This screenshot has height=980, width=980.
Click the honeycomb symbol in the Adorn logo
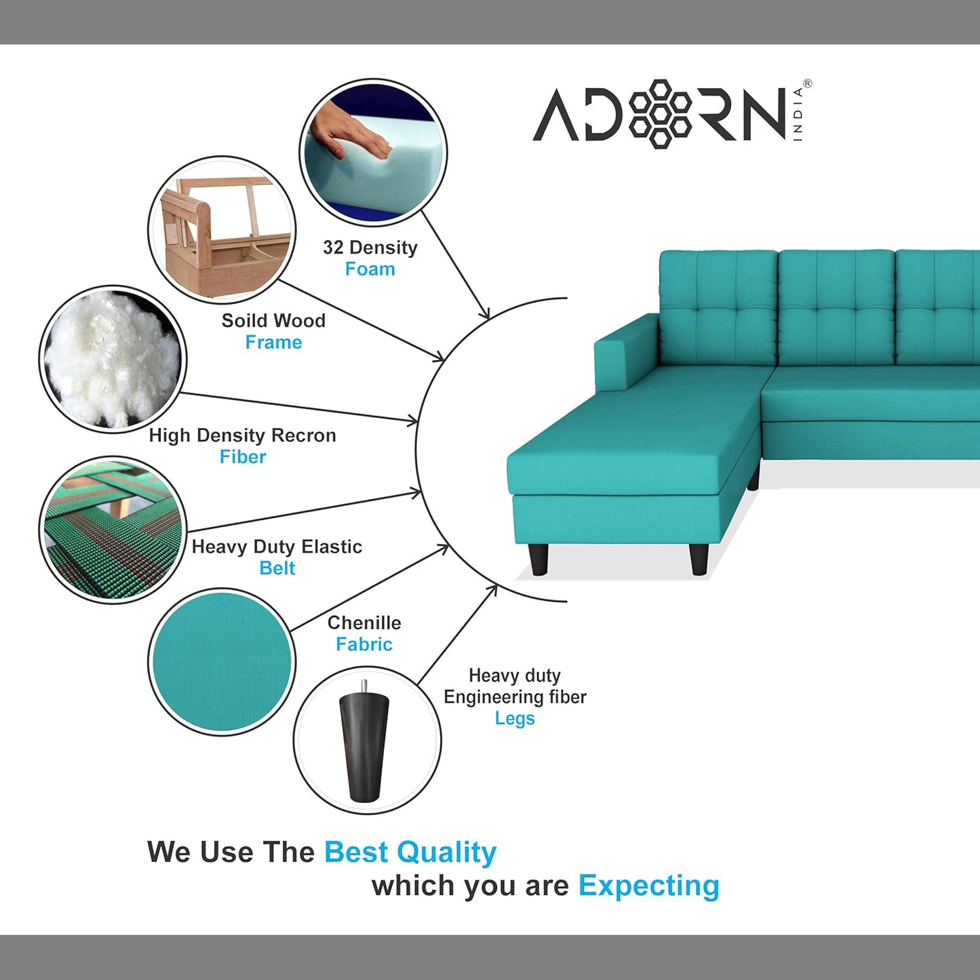660,114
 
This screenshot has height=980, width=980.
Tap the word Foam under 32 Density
370,269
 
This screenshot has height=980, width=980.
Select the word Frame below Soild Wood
273,342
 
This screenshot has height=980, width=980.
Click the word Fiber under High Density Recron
243,456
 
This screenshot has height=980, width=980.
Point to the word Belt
277,568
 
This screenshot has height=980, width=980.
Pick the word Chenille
364,623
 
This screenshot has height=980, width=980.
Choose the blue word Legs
515,719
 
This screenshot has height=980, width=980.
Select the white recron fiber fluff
113,359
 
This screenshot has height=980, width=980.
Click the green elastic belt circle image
113,530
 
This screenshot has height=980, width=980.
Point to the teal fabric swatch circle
222,662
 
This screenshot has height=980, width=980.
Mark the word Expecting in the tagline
649,886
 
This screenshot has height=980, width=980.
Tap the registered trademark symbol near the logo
807,83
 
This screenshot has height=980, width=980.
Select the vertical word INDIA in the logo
798,114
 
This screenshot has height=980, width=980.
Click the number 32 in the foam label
333,248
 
